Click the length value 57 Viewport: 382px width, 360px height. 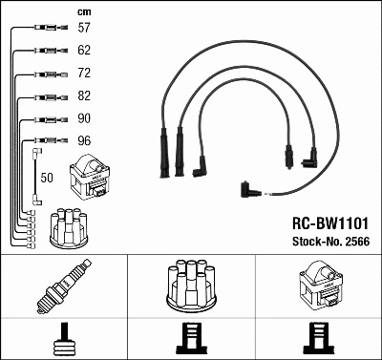tap(84, 29)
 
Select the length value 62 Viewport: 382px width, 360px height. tap(84, 50)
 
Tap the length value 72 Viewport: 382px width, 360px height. tap(84, 74)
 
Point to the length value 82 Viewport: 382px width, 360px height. tap(84, 96)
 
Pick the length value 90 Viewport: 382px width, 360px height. tap(84, 119)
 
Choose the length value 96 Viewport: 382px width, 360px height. tap(84, 142)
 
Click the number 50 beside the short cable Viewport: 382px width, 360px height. tap(48, 177)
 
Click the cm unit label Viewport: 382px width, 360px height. tap(83, 11)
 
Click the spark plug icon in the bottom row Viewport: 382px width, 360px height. tap(64, 287)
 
